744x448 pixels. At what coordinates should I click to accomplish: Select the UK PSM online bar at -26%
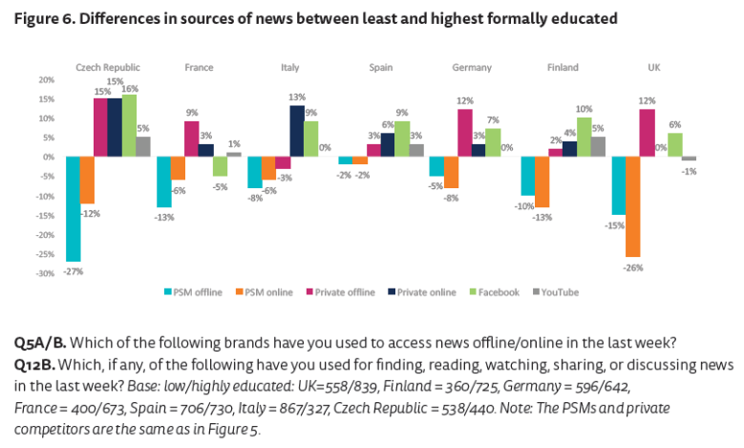click(x=632, y=206)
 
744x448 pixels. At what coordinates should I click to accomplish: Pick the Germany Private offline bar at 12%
click(x=465, y=133)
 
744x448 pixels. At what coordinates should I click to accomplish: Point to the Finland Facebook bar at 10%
click(x=585, y=137)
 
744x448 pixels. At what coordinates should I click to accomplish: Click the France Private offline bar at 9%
click(x=192, y=139)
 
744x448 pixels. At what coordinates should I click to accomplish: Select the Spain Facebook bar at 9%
click(x=402, y=139)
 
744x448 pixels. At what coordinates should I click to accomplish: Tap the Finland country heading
click(x=563, y=68)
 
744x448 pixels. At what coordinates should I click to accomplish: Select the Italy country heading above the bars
click(x=289, y=68)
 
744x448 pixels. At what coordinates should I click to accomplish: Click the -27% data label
click(x=73, y=271)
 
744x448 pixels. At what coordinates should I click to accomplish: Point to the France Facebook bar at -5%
click(x=220, y=166)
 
